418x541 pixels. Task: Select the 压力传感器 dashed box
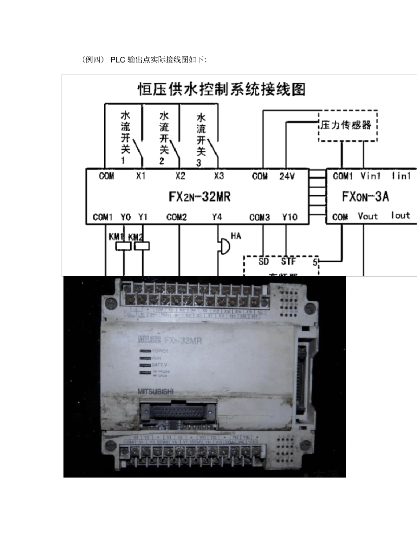pyautogui.click(x=348, y=125)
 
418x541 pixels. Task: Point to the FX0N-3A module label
pyautogui.click(x=366, y=196)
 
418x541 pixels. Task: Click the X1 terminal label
pyautogui.click(x=140, y=176)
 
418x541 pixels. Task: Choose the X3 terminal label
pyautogui.click(x=219, y=176)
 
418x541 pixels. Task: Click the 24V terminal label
pyautogui.click(x=287, y=176)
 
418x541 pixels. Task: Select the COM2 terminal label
pyautogui.click(x=177, y=217)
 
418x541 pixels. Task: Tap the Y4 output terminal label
pyautogui.click(x=217, y=217)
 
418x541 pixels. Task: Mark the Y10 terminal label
pyautogui.click(x=290, y=217)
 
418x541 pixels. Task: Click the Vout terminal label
pyautogui.click(x=368, y=216)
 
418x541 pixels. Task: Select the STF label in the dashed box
pyautogui.click(x=288, y=263)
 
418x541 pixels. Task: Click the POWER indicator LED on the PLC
pyautogui.click(x=145, y=351)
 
